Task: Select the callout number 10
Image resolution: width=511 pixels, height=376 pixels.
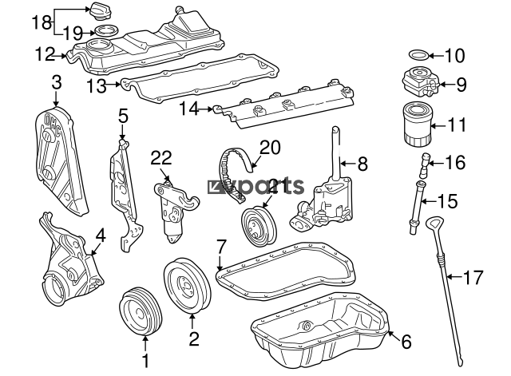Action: (x=454, y=56)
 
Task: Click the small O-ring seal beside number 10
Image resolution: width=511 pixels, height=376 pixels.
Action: (x=416, y=56)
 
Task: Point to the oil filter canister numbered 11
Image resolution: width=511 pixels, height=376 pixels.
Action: (x=415, y=124)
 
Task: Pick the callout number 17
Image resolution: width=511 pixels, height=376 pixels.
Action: (x=473, y=278)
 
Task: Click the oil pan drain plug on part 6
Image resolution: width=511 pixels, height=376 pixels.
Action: (x=307, y=326)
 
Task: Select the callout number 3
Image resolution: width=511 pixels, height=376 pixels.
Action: (x=56, y=81)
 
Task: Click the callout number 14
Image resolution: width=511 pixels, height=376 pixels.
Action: (x=188, y=107)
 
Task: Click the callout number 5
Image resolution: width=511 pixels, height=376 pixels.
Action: (x=122, y=117)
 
